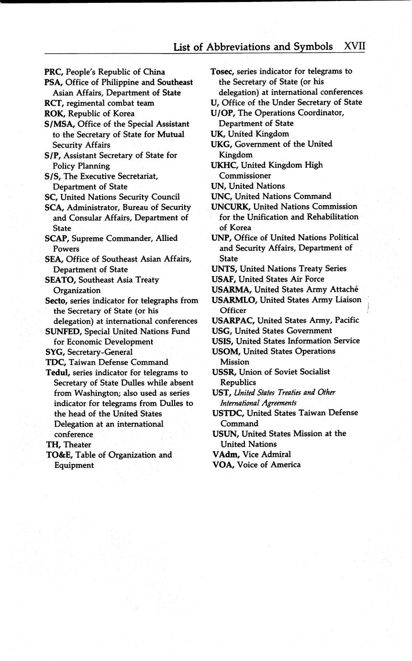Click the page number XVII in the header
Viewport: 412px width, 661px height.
pyautogui.click(x=355, y=46)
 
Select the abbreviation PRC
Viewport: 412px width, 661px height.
pyautogui.click(x=53, y=72)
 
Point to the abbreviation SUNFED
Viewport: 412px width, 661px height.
pyautogui.click(x=63, y=331)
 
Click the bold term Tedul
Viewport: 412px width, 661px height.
pyautogui.click(x=57, y=373)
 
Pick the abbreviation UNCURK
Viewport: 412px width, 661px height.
pyautogui.click(x=231, y=206)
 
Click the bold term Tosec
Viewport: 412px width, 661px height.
pyautogui.click(x=222, y=71)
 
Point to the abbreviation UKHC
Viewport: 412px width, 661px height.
pyautogui.click(x=223, y=165)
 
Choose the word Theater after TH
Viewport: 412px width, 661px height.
pyautogui.click(x=77, y=444)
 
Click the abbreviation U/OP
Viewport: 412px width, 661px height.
pyautogui.click(x=223, y=113)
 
